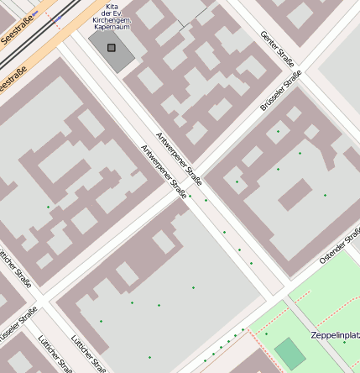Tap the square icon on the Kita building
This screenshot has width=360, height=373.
tap(112, 48)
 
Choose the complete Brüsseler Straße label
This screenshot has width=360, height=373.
tap(281, 90)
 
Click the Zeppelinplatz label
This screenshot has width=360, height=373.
tap(335, 334)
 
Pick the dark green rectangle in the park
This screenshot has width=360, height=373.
tap(290, 353)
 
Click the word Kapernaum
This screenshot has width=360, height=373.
tap(111, 28)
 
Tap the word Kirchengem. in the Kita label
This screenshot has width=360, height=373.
tap(111, 21)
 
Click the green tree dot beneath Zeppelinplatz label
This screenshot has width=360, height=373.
tap(344, 343)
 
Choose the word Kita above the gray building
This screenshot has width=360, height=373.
tap(111, 6)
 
